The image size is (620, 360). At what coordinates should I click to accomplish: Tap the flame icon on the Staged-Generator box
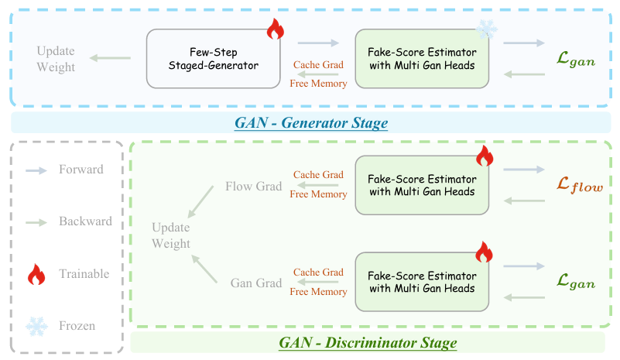click(276, 30)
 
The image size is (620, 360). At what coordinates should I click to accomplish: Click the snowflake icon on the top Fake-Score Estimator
click(486, 30)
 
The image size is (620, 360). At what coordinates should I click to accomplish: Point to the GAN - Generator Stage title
click(310, 122)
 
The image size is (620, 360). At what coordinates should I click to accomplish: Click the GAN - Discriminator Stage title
click(368, 341)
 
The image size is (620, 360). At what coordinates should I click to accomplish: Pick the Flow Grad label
click(253, 187)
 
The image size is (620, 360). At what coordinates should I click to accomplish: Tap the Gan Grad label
click(256, 283)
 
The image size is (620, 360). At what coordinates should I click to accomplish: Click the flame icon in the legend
click(36, 273)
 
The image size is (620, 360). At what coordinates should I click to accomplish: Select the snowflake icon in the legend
click(36, 326)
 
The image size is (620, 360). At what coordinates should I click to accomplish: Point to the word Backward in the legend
click(86, 221)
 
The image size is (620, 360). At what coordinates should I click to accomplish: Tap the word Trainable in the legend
click(84, 273)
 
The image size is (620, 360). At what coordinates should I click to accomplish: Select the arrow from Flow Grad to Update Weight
click(202, 201)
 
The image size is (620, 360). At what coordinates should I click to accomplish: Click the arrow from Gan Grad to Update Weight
click(202, 269)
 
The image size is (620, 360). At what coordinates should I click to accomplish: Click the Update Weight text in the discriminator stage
click(171, 235)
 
